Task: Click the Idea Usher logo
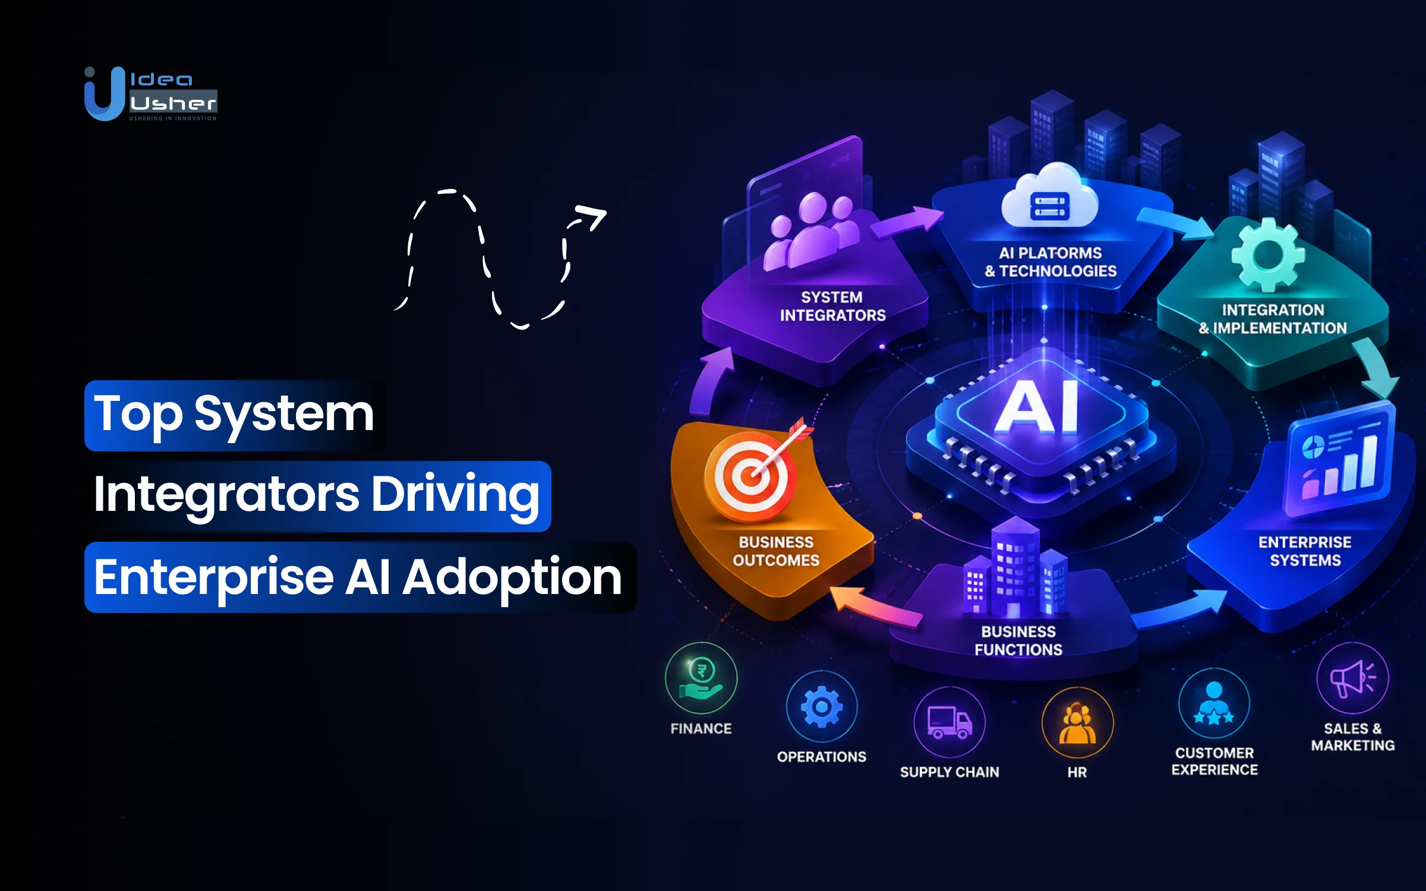(x=151, y=94)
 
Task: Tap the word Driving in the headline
(x=456, y=495)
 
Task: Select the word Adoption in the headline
(x=512, y=577)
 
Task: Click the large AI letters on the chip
(x=1037, y=407)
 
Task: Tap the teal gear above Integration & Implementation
(x=1268, y=255)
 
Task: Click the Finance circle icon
(x=701, y=678)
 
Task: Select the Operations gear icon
(x=822, y=706)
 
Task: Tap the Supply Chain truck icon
(x=949, y=722)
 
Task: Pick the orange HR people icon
(x=1077, y=722)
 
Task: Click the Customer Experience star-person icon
(x=1214, y=703)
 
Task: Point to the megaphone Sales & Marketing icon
(x=1353, y=678)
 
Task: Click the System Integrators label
(x=832, y=307)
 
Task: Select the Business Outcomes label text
(x=776, y=551)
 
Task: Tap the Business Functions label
(x=1018, y=640)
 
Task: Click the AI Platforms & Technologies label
(x=1050, y=262)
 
